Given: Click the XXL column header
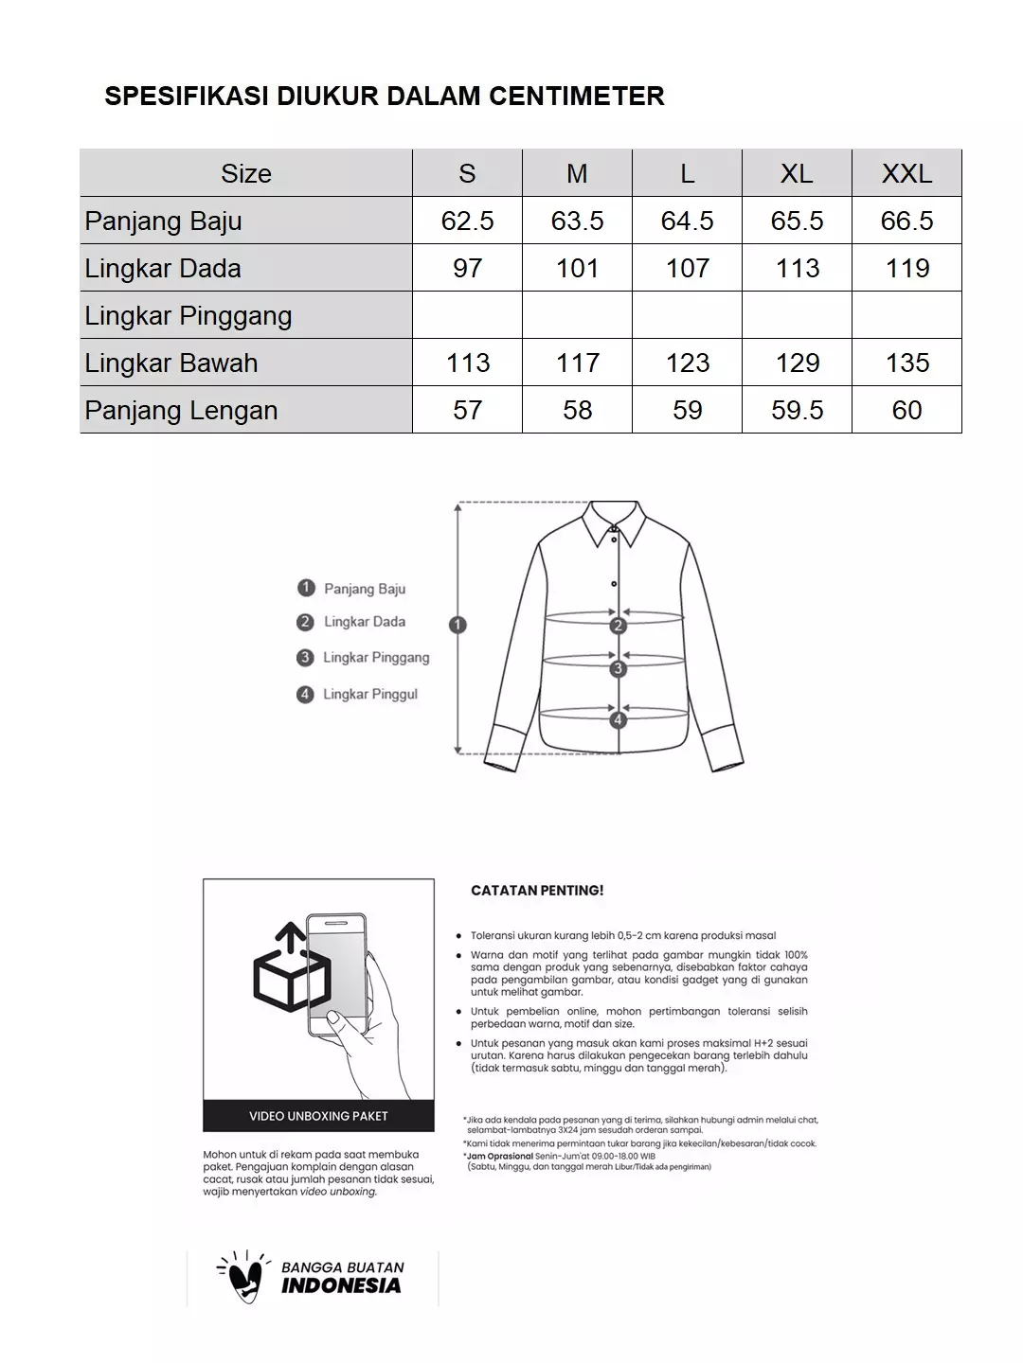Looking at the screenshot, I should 906,173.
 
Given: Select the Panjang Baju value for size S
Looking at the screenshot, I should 467,221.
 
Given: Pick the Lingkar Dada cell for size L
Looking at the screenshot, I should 687,268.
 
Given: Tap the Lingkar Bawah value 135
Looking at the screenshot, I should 906,363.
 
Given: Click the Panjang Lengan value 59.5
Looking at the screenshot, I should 797,410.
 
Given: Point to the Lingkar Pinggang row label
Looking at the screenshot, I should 188,315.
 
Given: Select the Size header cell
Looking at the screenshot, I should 246,173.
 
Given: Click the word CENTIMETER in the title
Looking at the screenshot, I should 576,96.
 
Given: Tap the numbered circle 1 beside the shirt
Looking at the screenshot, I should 458,625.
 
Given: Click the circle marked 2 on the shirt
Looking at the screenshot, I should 619,626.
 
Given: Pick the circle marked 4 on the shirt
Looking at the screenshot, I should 619,720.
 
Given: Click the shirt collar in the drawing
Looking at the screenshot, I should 614,522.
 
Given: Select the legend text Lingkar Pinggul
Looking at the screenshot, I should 369,694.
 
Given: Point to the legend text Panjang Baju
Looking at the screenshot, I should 365,589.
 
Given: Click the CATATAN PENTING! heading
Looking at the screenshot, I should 537,891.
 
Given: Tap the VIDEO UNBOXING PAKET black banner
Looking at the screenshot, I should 318,1116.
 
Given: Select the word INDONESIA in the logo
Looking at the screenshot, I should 341,1286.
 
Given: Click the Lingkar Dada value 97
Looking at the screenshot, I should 467,268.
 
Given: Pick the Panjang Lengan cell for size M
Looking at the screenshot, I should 577,410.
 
